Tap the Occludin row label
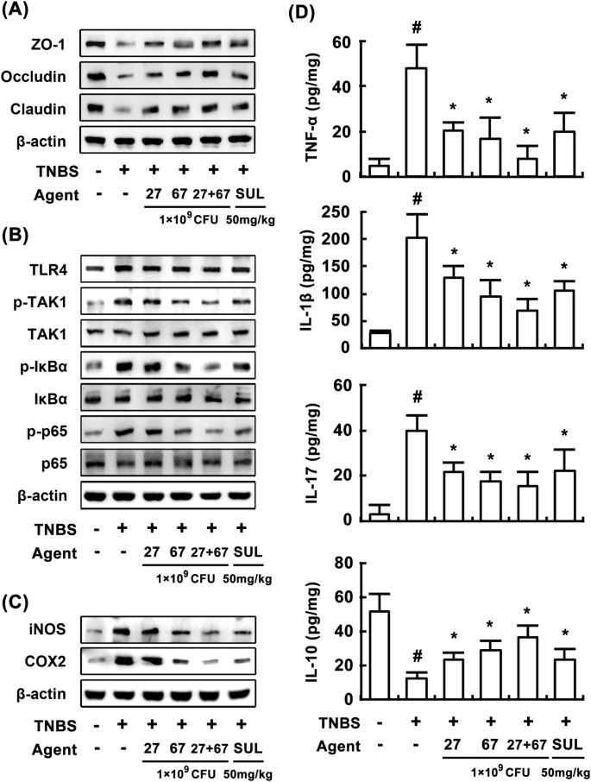(41, 74)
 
